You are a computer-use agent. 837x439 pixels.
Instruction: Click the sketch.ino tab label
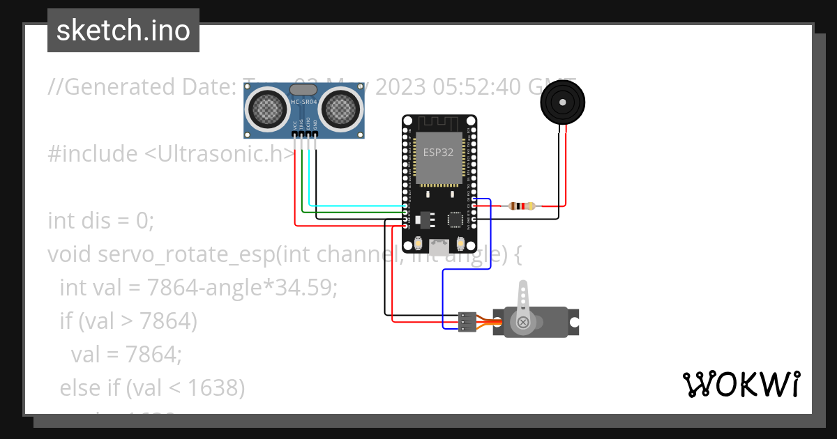click(x=123, y=31)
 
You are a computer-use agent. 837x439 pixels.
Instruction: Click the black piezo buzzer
click(x=562, y=102)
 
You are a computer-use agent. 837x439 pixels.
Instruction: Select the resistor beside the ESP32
click(x=522, y=206)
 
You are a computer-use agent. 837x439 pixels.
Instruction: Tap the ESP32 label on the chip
click(x=438, y=152)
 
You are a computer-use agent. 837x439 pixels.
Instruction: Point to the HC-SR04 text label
click(x=303, y=102)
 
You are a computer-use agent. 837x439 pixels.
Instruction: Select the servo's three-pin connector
click(x=467, y=321)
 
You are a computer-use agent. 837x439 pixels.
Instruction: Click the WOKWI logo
click(x=741, y=384)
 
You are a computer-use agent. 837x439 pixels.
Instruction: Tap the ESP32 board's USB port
click(x=439, y=246)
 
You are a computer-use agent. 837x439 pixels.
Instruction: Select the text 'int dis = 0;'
click(x=100, y=221)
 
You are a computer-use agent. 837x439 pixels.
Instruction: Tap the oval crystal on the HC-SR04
click(x=303, y=89)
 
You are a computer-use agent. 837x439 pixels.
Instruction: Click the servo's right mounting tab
click(x=574, y=323)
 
